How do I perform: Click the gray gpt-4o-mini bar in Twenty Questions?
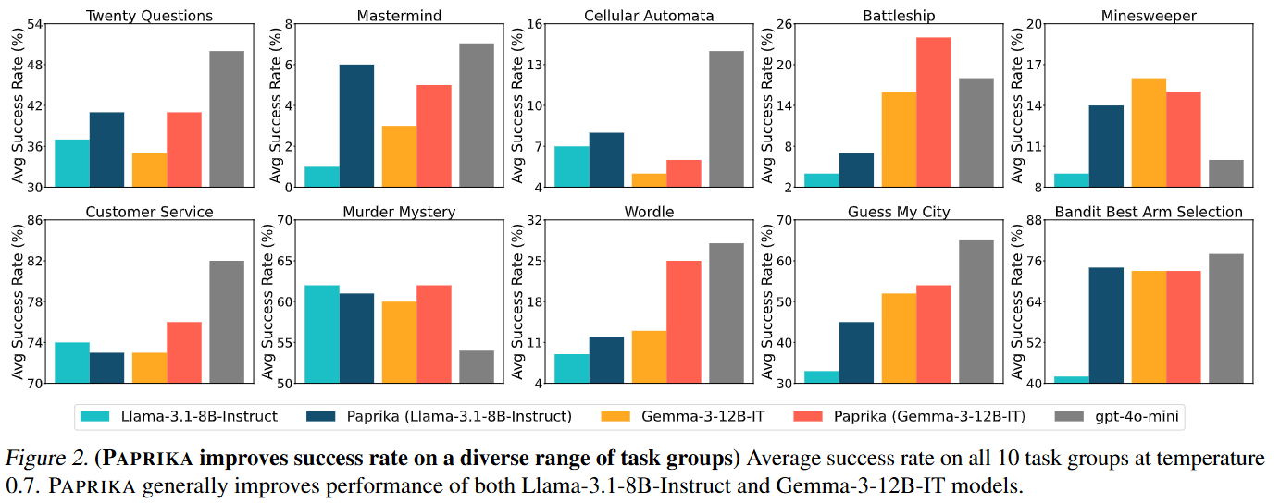click(x=227, y=119)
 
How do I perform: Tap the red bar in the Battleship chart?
click(x=933, y=112)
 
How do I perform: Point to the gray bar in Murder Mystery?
click(x=477, y=366)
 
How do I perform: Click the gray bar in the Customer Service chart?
click(x=227, y=322)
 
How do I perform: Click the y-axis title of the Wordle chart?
click(x=516, y=301)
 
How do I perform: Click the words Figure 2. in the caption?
click(x=41, y=459)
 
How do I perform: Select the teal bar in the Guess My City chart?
click(x=822, y=376)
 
